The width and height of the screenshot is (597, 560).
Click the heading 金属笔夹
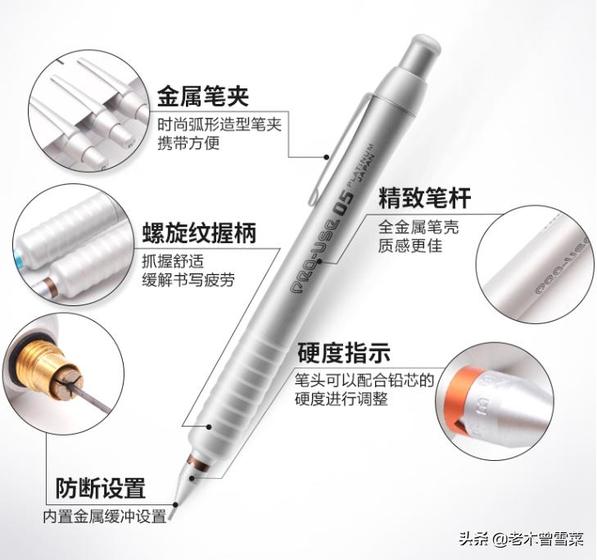[202, 97]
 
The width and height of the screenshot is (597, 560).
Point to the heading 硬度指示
[343, 353]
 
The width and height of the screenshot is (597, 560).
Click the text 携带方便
[189, 143]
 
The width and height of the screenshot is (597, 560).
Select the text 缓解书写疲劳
[188, 280]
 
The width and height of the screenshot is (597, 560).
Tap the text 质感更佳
[409, 245]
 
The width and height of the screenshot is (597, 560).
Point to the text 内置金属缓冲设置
[105, 517]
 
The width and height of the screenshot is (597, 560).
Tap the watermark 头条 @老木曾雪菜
[521, 539]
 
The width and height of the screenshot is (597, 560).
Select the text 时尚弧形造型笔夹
[219, 124]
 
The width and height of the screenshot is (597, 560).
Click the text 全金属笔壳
[418, 227]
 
